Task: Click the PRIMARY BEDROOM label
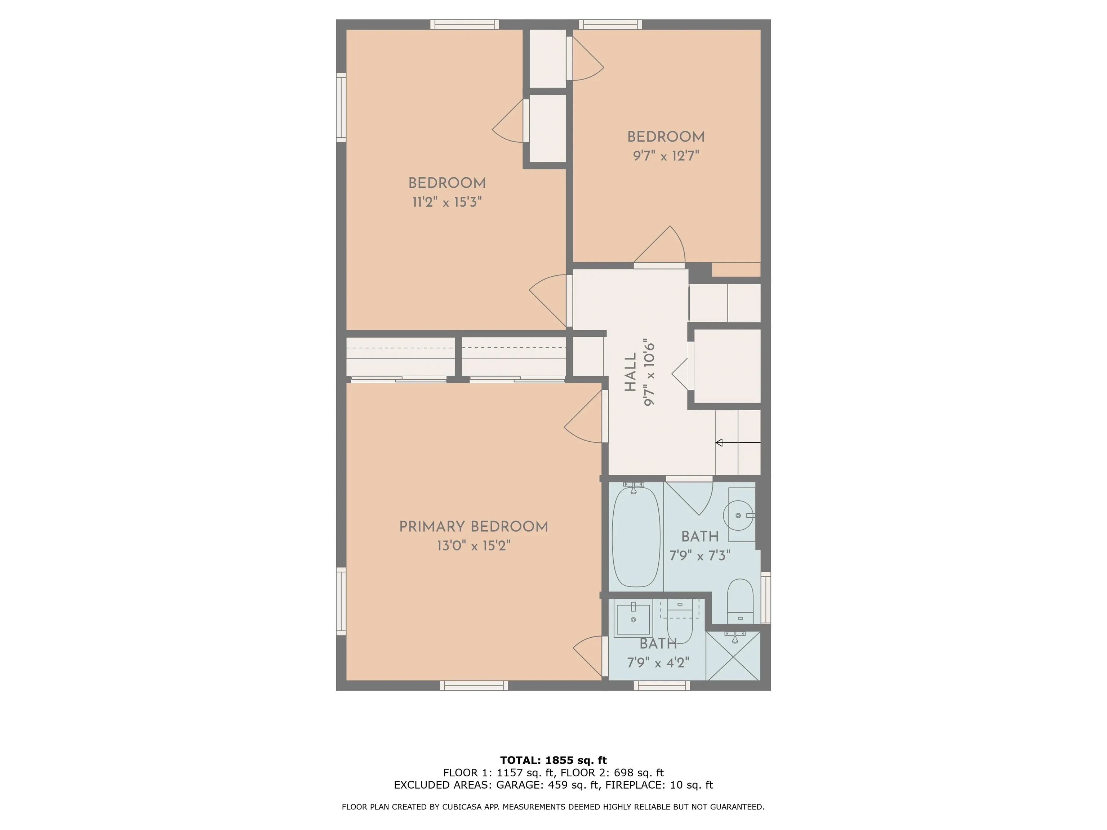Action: click(x=474, y=527)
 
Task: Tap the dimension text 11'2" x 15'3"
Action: click(x=447, y=202)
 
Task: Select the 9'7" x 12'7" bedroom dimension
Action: click(x=666, y=156)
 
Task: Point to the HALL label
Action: click(x=631, y=372)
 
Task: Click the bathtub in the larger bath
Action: click(x=636, y=536)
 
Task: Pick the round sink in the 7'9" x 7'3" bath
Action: click(x=738, y=515)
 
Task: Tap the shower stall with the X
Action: click(x=733, y=656)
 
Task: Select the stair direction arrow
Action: click(x=738, y=443)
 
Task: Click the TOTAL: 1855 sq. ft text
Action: click(x=553, y=761)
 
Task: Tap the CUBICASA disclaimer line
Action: click(x=553, y=807)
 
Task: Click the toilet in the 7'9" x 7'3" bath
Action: click(x=740, y=601)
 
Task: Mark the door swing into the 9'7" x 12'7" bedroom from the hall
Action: click(x=659, y=245)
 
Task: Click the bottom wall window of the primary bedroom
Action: click(x=474, y=686)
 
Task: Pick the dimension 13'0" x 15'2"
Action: click(x=474, y=546)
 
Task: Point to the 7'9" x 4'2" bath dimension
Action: click(x=658, y=663)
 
